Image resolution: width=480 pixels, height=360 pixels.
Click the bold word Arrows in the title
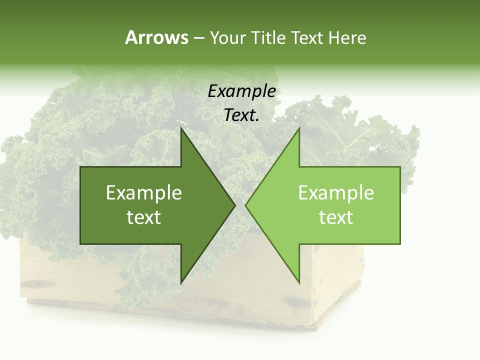coord(156,37)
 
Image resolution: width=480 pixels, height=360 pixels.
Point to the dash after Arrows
coord(199,38)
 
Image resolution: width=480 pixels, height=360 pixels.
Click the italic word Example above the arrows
coord(241,91)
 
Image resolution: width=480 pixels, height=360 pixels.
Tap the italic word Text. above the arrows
coord(241,115)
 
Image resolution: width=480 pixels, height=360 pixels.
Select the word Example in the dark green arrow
coord(144,193)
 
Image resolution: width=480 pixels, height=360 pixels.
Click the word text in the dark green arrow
coord(144,217)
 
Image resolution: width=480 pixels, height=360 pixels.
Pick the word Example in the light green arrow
coord(336,193)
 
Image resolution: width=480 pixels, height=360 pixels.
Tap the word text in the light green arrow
coord(336,217)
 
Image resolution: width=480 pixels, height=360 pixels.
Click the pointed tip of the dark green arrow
coord(235,205)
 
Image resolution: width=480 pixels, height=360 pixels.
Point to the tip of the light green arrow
coord(245,205)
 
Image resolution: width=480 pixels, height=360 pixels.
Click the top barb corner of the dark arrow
coord(181,128)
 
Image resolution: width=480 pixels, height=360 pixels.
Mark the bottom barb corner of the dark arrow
coord(181,283)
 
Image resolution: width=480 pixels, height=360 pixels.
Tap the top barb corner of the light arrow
coord(299,128)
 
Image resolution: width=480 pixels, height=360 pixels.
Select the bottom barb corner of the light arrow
coord(299,283)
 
